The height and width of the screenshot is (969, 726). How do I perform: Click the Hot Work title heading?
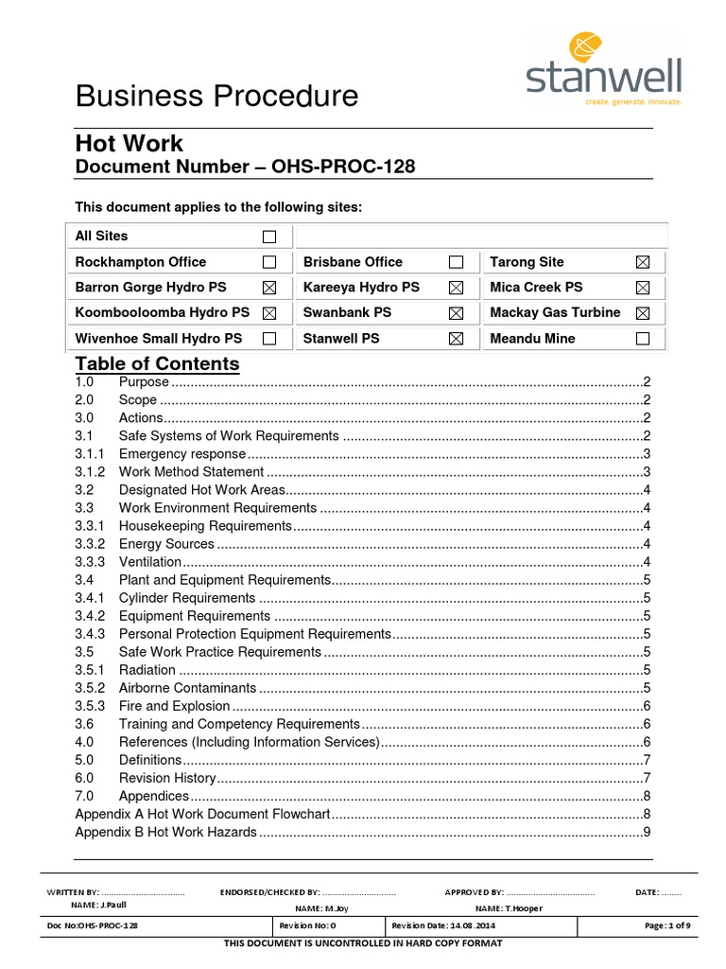point(130,144)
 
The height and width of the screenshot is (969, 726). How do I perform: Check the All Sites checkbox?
point(269,237)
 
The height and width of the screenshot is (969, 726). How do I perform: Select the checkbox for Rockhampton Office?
point(269,262)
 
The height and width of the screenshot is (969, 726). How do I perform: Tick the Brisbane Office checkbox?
point(456,262)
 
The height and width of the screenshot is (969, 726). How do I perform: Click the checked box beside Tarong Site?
point(643,262)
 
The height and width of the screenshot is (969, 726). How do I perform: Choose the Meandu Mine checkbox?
point(643,338)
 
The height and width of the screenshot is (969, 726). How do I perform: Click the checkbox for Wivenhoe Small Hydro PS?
point(269,338)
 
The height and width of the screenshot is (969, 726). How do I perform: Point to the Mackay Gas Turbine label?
point(555,312)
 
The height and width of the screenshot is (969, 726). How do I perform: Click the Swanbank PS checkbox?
point(456,312)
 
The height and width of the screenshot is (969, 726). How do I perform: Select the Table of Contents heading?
point(157,364)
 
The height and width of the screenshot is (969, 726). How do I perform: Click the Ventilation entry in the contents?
point(149,562)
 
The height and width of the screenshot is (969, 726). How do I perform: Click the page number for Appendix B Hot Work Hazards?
point(647,832)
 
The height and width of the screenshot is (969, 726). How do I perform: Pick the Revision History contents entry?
point(167,778)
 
